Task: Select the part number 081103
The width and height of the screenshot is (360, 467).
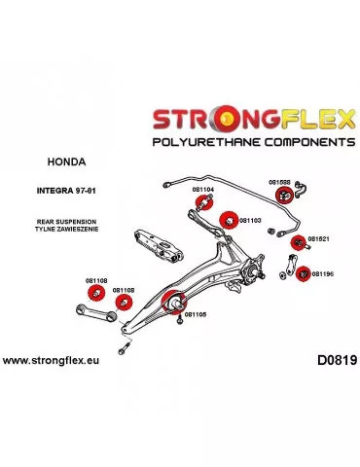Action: coord(250,220)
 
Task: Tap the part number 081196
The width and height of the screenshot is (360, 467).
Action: coord(322,273)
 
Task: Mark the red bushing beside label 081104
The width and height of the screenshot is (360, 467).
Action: coord(205,204)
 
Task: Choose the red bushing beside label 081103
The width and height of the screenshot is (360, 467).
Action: coord(227,220)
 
